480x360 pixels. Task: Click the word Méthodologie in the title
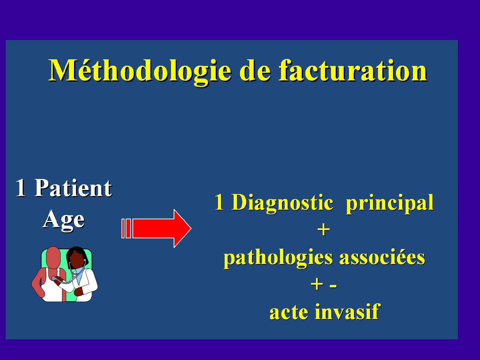140,71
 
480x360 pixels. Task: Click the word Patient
73,188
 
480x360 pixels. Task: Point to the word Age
63,220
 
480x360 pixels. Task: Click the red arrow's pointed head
182,228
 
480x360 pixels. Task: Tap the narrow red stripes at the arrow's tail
126,228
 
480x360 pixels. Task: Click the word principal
390,203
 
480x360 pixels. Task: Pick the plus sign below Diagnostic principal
323,230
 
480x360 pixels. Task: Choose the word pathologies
278,258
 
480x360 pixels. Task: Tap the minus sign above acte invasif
333,286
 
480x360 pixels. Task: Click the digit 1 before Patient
21,188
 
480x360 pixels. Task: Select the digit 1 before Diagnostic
219,202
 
